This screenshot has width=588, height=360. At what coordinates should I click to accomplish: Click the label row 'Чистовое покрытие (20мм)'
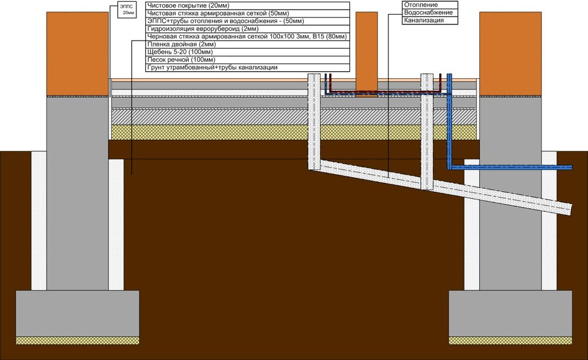click(248, 6)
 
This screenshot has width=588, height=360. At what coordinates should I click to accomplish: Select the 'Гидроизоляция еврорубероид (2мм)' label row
click(248, 29)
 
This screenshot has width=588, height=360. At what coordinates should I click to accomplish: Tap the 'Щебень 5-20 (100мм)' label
click(248, 52)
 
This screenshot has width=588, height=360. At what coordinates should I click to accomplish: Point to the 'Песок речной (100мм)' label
click(248, 60)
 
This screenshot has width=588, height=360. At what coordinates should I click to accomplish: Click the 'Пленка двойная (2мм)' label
click(248, 44)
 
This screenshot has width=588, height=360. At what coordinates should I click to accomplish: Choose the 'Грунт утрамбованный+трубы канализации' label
click(248, 68)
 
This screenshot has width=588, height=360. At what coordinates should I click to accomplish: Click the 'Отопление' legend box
click(430, 5)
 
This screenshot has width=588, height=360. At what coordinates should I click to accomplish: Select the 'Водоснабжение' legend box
click(430, 13)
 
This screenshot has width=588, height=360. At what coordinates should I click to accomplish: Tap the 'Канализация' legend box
click(430, 21)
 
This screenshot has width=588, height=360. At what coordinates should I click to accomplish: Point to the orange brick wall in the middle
click(367, 54)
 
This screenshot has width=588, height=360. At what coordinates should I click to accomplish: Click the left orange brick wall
click(78, 54)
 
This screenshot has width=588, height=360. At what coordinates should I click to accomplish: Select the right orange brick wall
click(510, 54)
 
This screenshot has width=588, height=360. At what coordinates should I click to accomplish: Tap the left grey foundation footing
click(77, 314)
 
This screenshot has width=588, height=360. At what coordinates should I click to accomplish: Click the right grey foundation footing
click(510, 314)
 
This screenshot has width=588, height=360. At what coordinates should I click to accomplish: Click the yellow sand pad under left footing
click(77, 341)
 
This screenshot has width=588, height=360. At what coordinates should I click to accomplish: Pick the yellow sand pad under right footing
click(510, 341)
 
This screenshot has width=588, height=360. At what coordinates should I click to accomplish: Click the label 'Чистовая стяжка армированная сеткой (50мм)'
click(218, 14)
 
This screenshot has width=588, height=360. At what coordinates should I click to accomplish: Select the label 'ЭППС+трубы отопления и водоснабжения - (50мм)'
click(226, 21)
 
